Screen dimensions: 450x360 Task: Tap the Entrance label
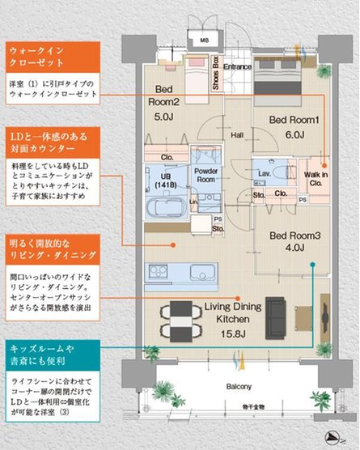click(239, 66)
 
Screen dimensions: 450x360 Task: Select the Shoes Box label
click(216, 71)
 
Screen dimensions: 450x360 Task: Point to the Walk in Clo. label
click(316, 178)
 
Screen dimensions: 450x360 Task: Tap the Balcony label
click(239, 385)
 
